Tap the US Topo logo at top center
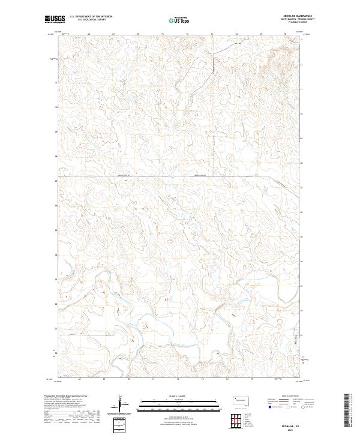[179, 19]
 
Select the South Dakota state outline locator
[243, 400]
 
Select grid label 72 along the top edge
[187, 34]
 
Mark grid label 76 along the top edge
[284, 34]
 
